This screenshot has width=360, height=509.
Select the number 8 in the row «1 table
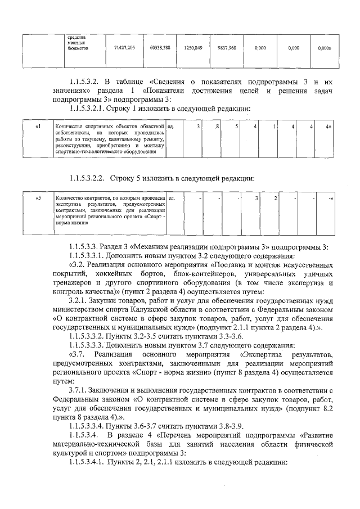click(217, 126)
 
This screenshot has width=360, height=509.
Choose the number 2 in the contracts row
click(275, 198)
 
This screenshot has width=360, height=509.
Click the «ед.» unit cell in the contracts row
click(172, 198)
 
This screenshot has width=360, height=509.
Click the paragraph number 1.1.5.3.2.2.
click(89, 179)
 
